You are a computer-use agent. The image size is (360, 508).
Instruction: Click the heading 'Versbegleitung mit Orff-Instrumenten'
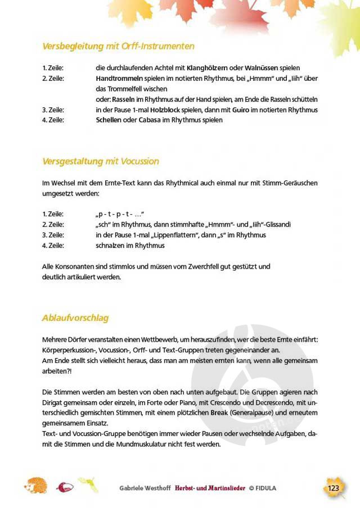tap(118, 46)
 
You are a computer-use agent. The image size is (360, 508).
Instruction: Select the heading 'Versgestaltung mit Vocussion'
tap(101, 161)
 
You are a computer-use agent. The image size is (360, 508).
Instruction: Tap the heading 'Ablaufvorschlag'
tap(75, 318)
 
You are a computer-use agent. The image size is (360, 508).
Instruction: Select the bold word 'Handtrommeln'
tap(115, 79)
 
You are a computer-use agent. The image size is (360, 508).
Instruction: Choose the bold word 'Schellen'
tap(109, 120)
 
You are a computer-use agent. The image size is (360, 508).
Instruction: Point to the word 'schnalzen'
tap(110, 246)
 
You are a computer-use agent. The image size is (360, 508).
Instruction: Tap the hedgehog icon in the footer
tap(36, 486)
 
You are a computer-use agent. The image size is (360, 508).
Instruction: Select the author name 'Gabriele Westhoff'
tap(145, 488)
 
